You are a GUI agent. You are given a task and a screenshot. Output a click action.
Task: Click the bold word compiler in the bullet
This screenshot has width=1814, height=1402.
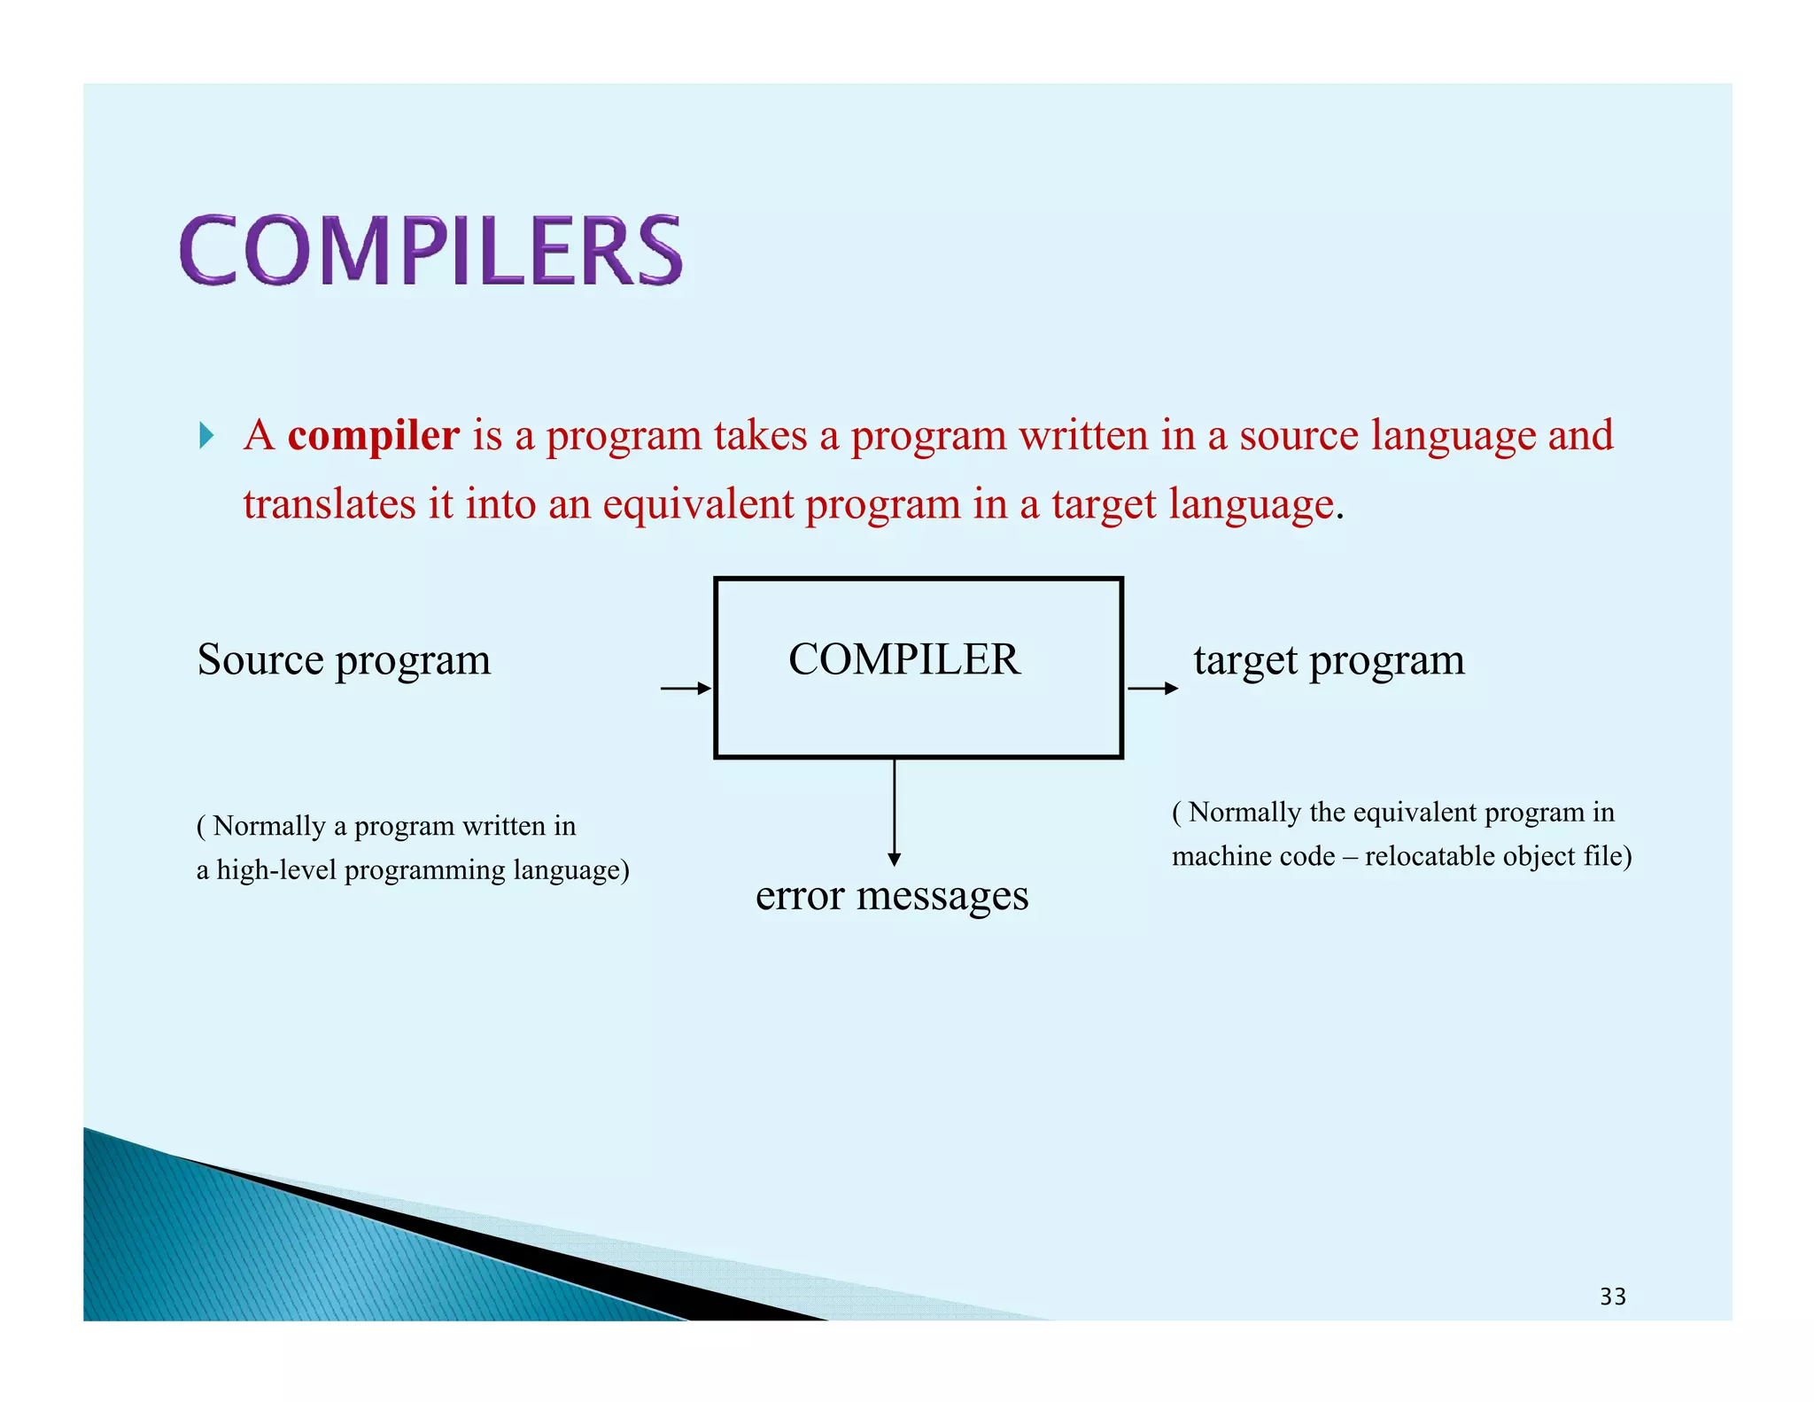[x=373, y=436]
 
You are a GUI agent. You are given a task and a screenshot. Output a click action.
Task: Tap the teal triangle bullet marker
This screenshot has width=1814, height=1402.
[x=206, y=436]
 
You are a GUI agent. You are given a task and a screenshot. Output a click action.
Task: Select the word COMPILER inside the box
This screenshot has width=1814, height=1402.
[x=903, y=659]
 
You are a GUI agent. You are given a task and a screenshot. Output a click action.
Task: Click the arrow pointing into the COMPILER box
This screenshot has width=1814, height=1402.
[x=686, y=689]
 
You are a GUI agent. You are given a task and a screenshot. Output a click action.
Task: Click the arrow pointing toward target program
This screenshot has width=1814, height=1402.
[x=1151, y=689]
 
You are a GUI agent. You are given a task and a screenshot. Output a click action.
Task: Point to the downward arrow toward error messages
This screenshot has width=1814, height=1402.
[x=894, y=811]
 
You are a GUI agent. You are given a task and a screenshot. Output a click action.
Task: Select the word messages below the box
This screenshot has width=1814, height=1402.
[x=942, y=897]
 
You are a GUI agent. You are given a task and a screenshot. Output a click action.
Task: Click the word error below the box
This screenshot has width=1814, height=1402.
[x=799, y=897]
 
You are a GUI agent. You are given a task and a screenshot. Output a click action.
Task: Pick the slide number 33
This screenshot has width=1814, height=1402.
[x=1612, y=1297]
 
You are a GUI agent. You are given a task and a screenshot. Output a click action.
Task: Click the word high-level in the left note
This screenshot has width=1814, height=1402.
[x=276, y=870]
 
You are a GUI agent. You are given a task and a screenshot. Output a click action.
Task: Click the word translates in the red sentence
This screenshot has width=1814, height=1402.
[x=329, y=505]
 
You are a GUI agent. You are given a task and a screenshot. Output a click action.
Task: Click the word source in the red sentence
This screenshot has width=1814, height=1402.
[x=1298, y=436]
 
